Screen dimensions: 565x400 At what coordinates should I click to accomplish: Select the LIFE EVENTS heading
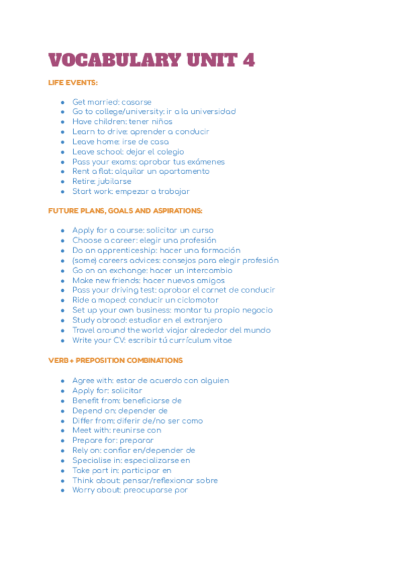pyautogui.click(x=73, y=83)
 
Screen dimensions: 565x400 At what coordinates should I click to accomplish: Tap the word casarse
pyautogui.click(x=136, y=102)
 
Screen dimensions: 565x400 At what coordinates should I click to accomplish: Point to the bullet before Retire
pyautogui.click(x=63, y=181)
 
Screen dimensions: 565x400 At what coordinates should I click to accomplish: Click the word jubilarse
pyautogui.click(x=114, y=181)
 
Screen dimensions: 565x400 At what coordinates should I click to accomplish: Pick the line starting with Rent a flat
pyautogui.click(x=141, y=171)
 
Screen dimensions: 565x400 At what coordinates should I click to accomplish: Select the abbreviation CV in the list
pyautogui.click(x=119, y=340)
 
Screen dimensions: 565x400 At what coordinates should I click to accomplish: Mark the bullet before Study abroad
pyautogui.click(x=63, y=320)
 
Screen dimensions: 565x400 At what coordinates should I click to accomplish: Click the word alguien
pyautogui.click(x=213, y=380)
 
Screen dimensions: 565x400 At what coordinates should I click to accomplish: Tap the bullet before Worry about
pyautogui.click(x=63, y=490)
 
